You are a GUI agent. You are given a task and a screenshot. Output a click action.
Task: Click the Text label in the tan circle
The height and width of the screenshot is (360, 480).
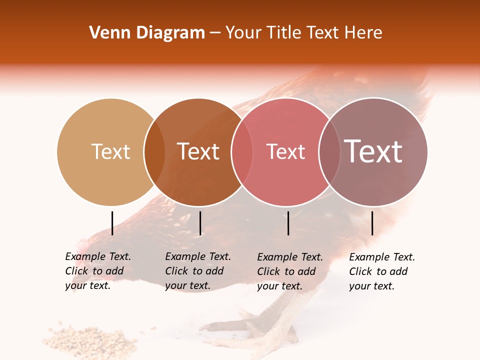tap(110, 151)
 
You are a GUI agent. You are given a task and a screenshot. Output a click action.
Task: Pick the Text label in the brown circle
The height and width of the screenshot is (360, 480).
tap(198, 151)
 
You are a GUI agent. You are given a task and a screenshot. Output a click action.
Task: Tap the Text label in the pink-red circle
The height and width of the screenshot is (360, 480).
tap(285, 152)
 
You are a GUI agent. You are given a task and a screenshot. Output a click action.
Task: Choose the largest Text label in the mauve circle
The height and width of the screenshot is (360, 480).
tap(373, 151)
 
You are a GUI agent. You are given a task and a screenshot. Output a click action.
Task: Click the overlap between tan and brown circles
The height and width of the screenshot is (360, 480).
tap(154, 152)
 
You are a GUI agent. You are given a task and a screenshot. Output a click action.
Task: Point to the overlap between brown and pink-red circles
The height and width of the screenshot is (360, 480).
tap(242, 152)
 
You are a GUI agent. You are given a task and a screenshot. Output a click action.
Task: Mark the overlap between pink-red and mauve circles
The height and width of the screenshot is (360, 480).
tap(329, 152)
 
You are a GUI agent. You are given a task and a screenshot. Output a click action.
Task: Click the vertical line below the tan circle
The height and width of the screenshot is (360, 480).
tap(112, 223)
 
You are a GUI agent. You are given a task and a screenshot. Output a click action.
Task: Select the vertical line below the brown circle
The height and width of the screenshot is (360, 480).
tap(200, 223)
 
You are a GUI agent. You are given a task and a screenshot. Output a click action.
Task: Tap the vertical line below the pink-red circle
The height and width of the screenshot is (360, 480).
tap(288, 223)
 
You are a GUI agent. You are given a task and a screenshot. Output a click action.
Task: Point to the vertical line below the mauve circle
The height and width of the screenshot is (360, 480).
tap(372, 223)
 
